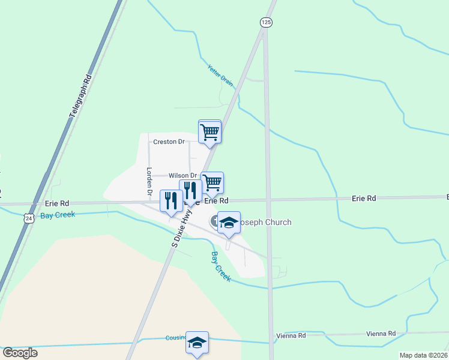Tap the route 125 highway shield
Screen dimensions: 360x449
266,22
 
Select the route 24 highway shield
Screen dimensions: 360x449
29,219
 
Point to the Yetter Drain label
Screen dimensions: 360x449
220,75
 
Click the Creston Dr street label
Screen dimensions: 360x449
169,142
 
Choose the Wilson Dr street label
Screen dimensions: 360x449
182,175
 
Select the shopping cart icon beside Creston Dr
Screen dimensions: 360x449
209,131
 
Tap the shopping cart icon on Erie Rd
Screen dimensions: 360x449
212,182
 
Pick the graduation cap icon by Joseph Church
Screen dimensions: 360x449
229,223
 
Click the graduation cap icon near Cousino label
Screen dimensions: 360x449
197,343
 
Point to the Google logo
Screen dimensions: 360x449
20,352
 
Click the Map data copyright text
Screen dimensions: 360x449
423,355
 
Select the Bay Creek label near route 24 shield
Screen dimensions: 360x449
58,214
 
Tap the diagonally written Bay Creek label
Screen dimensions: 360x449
220,267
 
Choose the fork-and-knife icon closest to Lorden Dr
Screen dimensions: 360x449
171,200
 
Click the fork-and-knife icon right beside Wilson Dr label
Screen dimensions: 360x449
190,190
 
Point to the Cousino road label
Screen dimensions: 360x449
176,338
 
